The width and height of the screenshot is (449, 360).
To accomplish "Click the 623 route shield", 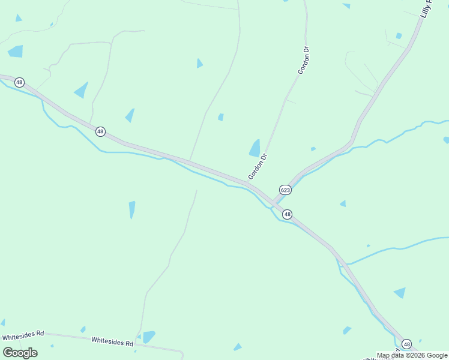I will [x=285, y=190].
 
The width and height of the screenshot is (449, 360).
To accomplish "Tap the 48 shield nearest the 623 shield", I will [x=287, y=214].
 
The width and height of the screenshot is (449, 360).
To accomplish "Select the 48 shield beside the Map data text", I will [x=407, y=344].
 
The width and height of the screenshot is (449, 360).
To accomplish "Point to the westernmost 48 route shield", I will [x=20, y=82].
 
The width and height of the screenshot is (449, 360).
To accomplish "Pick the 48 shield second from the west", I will [x=100, y=131].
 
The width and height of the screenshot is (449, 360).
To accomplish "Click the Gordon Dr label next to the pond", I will [x=258, y=166].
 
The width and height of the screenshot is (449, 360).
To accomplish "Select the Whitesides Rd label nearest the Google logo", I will [x=23, y=335].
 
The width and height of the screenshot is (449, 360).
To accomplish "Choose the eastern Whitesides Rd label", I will [x=112, y=342].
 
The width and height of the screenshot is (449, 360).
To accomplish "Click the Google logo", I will [x=20, y=352].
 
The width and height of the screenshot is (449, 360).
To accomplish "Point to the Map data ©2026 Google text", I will [x=411, y=355].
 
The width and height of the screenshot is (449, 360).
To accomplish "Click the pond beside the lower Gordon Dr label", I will [x=255, y=148].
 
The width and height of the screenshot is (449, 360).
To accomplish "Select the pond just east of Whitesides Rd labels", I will [x=149, y=337].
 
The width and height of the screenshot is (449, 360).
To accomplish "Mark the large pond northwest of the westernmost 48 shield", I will [x=16, y=51].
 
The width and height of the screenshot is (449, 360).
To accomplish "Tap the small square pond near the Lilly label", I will [x=399, y=36].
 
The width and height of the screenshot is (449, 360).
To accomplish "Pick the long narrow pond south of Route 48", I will [x=132, y=209].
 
